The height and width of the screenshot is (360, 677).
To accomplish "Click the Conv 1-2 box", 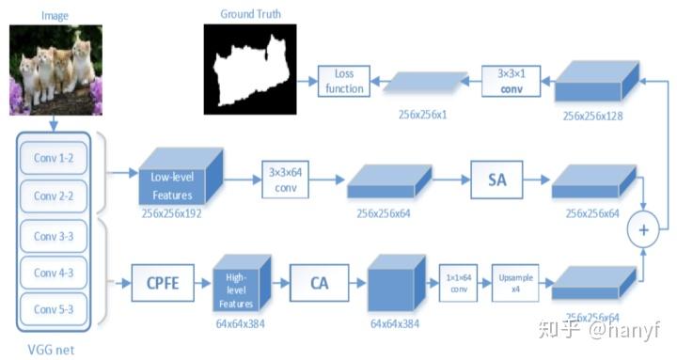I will pyautogui.click(x=55, y=158).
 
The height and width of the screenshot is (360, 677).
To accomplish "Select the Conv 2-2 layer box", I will pyautogui.click(x=55, y=196).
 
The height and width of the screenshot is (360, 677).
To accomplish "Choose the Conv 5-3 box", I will pyautogui.click(x=55, y=309).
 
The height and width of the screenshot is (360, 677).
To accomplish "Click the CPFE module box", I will pyautogui.click(x=161, y=279).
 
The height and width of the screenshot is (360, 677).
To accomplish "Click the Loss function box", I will pyautogui.click(x=342, y=82).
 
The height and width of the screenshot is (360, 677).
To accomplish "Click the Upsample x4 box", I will pyautogui.click(x=515, y=281).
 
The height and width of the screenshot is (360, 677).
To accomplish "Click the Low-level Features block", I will pyautogui.click(x=178, y=179).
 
